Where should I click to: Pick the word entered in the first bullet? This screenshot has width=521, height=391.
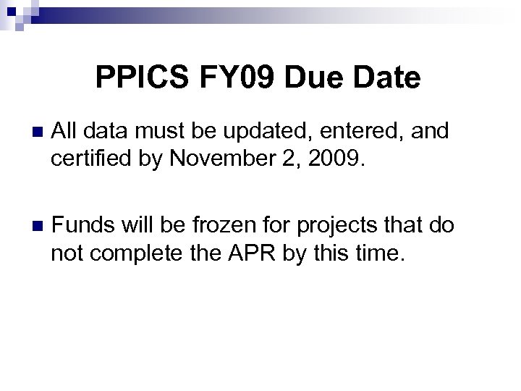[360, 132]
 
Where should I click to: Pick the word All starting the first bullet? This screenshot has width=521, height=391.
[64, 132]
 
